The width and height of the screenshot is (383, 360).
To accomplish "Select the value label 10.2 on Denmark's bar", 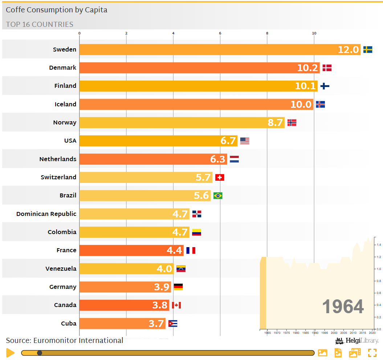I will [307, 68].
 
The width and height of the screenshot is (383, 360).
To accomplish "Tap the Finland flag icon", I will [325, 86].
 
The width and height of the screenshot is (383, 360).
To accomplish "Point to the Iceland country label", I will [65, 104].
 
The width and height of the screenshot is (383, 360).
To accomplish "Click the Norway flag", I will [292, 123].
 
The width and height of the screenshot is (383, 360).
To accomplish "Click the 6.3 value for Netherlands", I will [218, 159].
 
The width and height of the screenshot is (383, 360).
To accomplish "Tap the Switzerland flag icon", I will [220, 177].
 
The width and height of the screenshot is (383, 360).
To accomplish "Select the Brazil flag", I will [218, 196].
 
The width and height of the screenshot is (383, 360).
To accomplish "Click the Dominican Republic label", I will [46, 214].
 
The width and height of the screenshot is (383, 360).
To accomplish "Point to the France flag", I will [191, 250].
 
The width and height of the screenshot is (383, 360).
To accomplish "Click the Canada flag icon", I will [176, 305].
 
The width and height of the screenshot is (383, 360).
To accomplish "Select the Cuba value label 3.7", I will [156, 323].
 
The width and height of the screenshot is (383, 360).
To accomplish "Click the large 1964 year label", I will [343, 307].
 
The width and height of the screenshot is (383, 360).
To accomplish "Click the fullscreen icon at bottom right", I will [372, 353].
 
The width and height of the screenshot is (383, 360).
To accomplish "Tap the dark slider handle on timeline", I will [40, 353].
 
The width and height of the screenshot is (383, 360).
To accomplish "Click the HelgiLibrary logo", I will [357, 341].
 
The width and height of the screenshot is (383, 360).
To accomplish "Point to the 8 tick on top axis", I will [267, 33].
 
